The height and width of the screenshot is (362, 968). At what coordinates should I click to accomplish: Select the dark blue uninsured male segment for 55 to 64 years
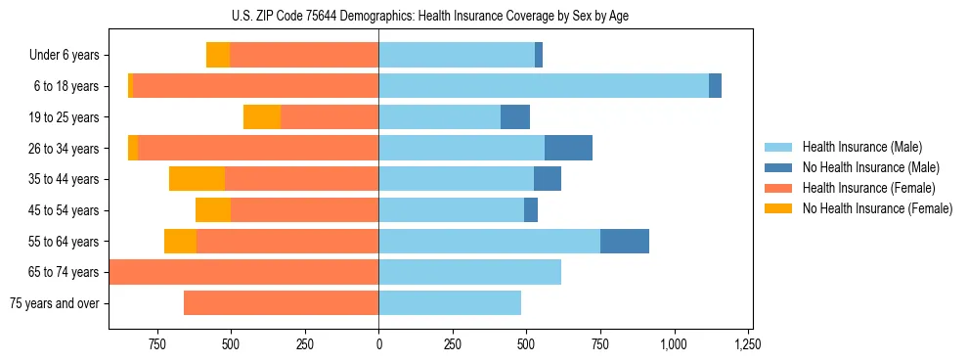pyautogui.click(x=625, y=241)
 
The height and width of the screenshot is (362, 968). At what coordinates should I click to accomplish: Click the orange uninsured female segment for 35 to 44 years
pyautogui.click(x=197, y=179)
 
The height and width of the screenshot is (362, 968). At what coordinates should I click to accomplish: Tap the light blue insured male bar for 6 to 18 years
pyautogui.click(x=544, y=86)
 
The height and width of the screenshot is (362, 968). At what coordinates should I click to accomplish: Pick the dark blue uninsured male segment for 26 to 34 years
pyautogui.click(x=568, y=148)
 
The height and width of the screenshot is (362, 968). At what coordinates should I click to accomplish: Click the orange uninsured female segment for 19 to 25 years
pyautogui.click(x=262, y=117)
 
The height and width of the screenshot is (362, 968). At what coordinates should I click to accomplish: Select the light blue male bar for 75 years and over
pyautogui.click(x=450, y=303)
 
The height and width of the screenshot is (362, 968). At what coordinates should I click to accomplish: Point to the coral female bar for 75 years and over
pyautogui.click(x=282, y=303)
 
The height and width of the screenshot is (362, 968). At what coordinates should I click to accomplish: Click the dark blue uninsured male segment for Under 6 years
pyautogui.click(x=539, y=55)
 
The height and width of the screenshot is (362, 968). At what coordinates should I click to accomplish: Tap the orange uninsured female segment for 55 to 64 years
pyautogui.click(x=180, y=241)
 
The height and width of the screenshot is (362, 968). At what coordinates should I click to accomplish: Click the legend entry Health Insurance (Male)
pyautogui.click(x=861, y=147)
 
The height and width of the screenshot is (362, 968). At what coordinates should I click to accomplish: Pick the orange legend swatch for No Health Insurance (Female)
pyautogui.click(x=779, y=208)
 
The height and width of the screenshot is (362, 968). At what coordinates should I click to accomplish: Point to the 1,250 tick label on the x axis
pyautogui.click(x=748, y=344)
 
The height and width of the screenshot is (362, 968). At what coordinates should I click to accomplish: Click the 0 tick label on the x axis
pyautogui.click(x=378, y=344)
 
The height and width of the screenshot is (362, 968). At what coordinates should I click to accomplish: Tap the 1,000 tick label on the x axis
pyautogui.click(x=674, y=344)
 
